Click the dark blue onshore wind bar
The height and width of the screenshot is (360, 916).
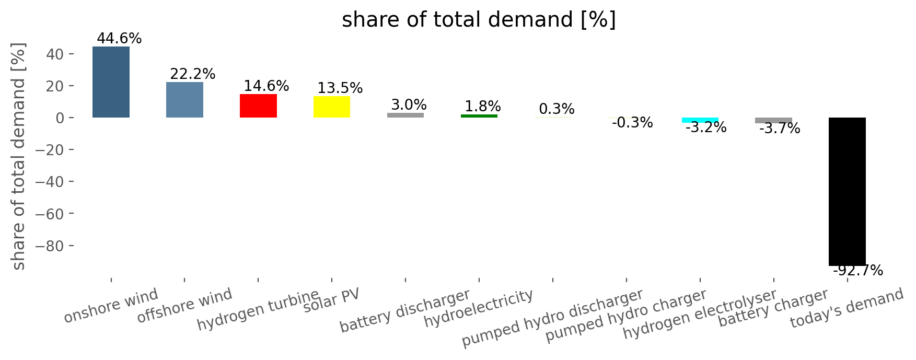(111, 82)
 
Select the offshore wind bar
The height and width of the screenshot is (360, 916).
(184, 100)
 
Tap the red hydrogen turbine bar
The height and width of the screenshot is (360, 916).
(258, 106)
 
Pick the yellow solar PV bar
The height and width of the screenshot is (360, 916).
(332, 107)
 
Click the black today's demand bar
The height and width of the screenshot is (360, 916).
(847, 192)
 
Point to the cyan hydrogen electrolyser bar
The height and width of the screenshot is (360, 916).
(700, 120)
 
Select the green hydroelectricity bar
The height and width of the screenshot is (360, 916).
(479, 116)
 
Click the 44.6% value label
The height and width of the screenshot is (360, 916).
(119, 39)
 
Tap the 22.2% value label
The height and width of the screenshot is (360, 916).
(193, 74)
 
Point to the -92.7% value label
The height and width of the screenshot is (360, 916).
(858, 271)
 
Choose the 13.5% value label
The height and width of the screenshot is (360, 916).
(340, 88)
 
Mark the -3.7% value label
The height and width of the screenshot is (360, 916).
(780, 129)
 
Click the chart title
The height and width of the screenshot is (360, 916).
(479, 20)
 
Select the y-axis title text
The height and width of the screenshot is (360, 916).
(19, 157)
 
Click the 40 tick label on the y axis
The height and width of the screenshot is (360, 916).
(52, 54)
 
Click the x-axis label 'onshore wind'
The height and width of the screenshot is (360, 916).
(111, 306)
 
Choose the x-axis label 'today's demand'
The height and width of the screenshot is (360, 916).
(847, 308)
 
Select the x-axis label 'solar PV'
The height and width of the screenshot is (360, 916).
(332, 300)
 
